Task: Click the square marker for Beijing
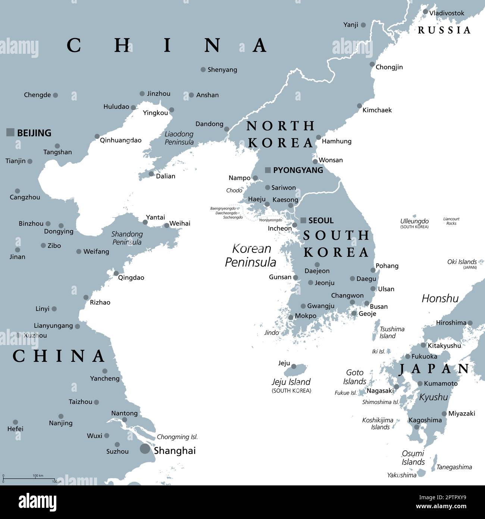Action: [10, 132]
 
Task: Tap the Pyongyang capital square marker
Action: [267, 170]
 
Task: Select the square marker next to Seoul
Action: [303, 220]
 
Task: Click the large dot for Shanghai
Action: [145, 449]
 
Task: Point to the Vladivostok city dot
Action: [425, 12]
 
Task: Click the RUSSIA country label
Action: [444, 30]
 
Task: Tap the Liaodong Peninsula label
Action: [179, 138]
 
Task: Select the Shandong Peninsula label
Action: [127, 238]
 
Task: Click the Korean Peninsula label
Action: [251, 255]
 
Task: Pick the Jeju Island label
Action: [291, 382]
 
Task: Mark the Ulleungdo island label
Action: [414, 221]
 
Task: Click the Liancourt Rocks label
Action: [451, 221]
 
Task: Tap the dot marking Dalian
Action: [151, 174]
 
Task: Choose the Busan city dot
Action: [367, 304]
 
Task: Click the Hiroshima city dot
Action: [470, 323]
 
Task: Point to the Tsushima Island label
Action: [392, 332]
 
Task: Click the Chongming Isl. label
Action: [177, 437]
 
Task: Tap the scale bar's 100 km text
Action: [38, 475]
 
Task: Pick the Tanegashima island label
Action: [454, 467]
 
